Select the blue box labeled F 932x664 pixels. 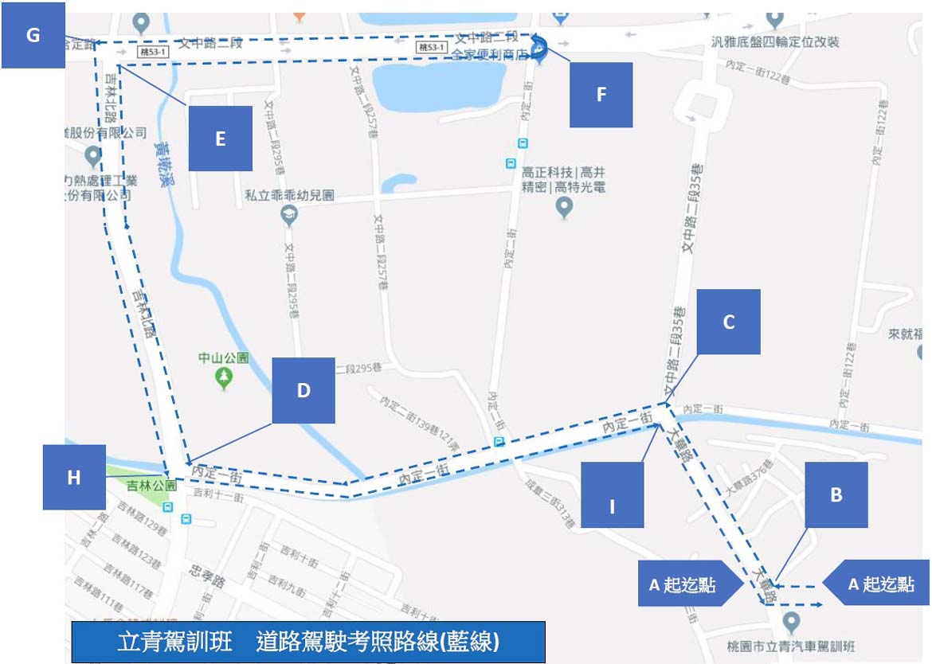601,95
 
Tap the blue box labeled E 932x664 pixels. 220,139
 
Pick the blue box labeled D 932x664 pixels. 303,390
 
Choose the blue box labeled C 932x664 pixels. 728,322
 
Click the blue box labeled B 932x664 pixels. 836,494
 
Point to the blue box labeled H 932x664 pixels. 74,477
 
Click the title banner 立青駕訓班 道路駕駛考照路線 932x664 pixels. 308,642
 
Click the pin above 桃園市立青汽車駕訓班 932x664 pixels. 791,620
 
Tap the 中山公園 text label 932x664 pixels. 223,357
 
